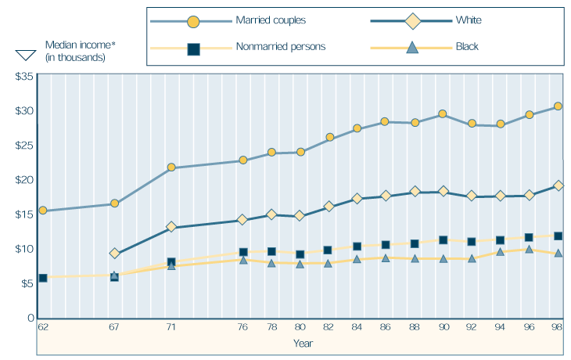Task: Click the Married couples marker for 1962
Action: (43, 211)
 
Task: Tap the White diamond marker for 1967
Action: (115, 254)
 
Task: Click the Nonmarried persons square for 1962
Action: (43, 278)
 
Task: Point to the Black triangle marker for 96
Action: (530, 249)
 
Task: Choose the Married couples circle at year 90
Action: (443, 114)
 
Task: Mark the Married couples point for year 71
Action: (171, 167)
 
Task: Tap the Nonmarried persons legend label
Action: (280, 47)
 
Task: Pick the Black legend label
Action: (468, 47)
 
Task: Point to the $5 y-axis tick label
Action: (26, 283)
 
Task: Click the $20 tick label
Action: (23, 179)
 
